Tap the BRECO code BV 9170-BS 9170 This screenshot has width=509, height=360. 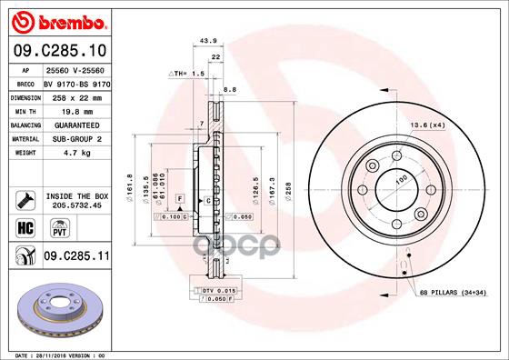coord(75,82)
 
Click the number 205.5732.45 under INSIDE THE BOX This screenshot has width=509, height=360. coord(75,205)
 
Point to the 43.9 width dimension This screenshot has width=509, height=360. coord(206,40)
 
